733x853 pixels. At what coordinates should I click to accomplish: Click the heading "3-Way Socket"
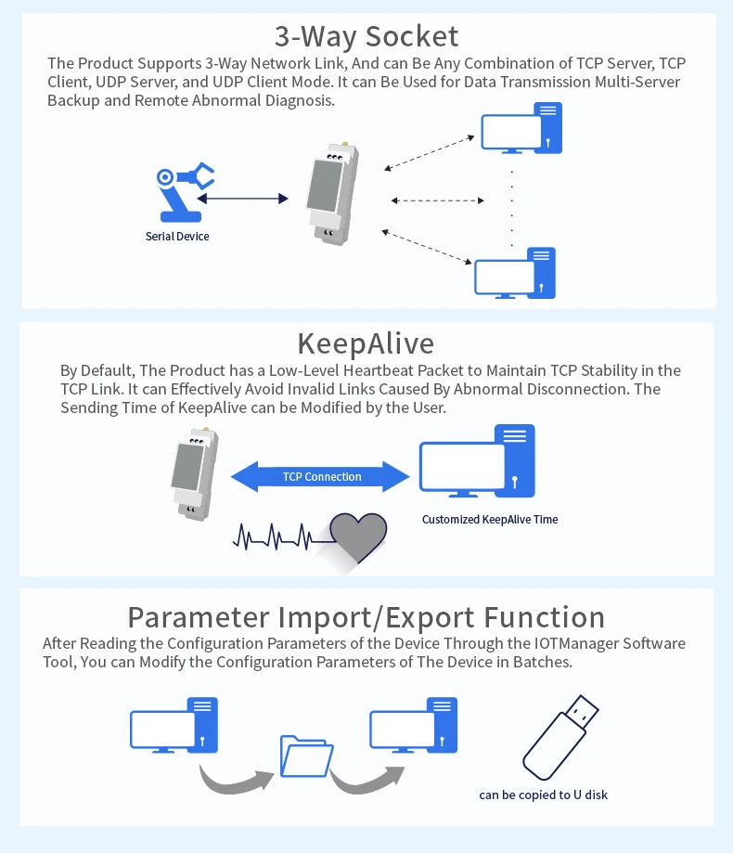pyautogui.click(x=366, y=36)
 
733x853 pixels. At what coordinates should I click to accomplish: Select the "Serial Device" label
pyautogui.click(x=177, y=237)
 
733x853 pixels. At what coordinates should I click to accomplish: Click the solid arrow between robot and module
pyautogui.click(x=243, y=198)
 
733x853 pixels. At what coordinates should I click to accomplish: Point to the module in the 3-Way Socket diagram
pyautogui.click(x=332, y=192)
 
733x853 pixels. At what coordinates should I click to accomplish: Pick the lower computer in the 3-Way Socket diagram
pyautogui.click(x=516, y=274)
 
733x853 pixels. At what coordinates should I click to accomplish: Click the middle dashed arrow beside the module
pyautogui.click(x=437, y=200)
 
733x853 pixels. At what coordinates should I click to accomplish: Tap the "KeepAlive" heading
pyautogui.click(x=366, y=343)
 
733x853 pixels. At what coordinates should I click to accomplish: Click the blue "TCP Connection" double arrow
pyautogui.click(x=321, y=477)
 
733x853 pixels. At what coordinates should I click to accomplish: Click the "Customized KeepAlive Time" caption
pyautogui.click(x=490, y=520)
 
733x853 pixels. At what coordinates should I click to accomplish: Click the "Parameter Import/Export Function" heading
pyautogui.click(x=366, y=617)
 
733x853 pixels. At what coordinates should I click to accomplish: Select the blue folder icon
pyautogui.click(x=306, y=756)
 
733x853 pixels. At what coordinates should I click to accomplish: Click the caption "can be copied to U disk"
pyautogui.click(x=543, y=795)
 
